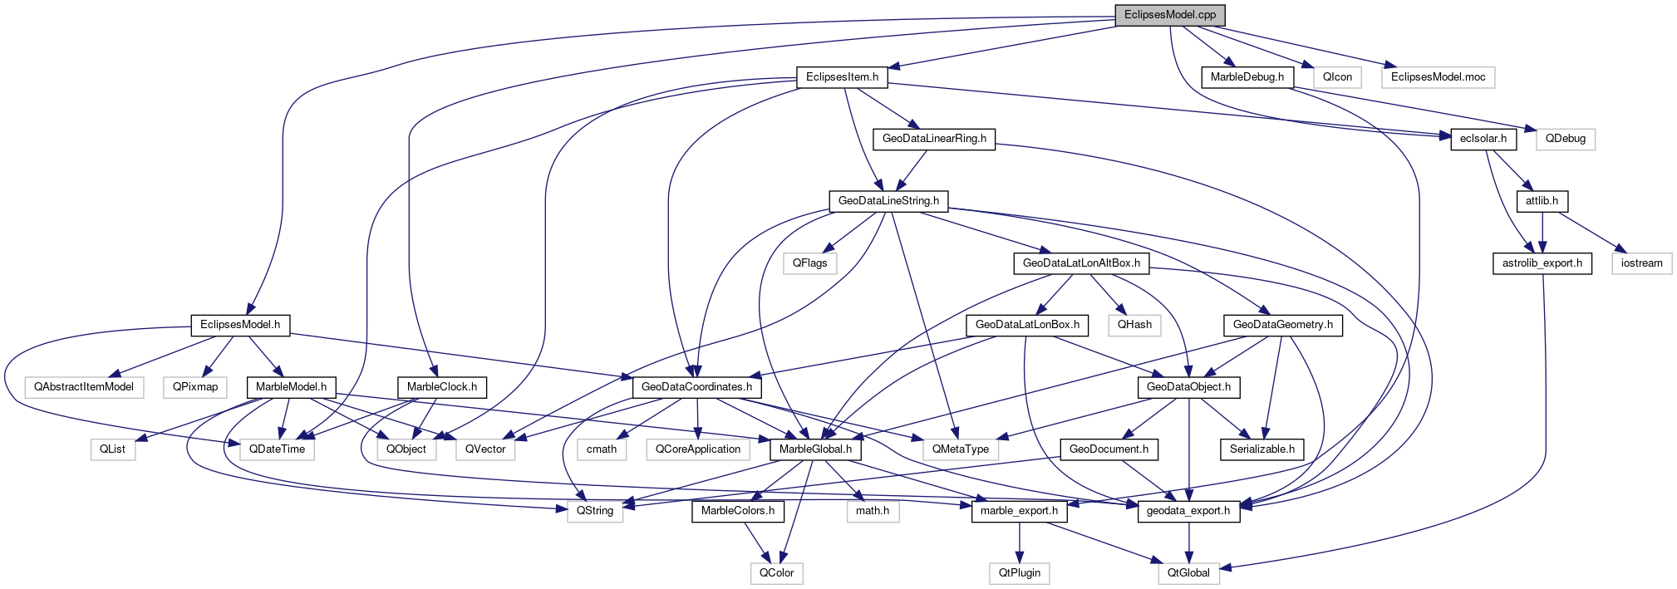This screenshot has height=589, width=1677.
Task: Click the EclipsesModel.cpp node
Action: tap(1169, 15)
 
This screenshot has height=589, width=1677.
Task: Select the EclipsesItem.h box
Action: tap(842, 77)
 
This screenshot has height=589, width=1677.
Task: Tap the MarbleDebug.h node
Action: tap(1247, 77)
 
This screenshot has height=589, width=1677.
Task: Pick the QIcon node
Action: tap(1337, 77)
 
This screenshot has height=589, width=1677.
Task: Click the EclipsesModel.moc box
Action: tap(1438, 77)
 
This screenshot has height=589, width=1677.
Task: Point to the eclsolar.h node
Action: tap(1483, 139)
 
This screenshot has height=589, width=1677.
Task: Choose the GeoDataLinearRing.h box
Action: tap(934, 139)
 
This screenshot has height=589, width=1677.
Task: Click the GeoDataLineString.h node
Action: tap(888, 201)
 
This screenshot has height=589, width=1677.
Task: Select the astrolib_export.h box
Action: tap(1542, 263)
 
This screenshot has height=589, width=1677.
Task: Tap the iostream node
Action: tap(1641, 263)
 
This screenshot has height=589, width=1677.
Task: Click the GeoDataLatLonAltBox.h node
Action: tap(1081, 263)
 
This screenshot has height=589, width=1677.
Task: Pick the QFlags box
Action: tap(809, 263)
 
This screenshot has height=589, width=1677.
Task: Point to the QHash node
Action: tap(1134, 325)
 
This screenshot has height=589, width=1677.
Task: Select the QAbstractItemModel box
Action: tap(84, 387)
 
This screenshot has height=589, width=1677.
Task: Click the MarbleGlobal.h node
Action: tap(815, 449)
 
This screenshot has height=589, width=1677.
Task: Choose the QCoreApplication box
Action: tap(698, 449)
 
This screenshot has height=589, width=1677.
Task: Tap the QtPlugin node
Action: tap(1020, 573)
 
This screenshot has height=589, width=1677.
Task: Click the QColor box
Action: tap(776, 573)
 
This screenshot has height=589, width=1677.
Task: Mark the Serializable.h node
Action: tap(1262, 449)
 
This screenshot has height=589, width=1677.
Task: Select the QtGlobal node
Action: tap(1188, 573)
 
